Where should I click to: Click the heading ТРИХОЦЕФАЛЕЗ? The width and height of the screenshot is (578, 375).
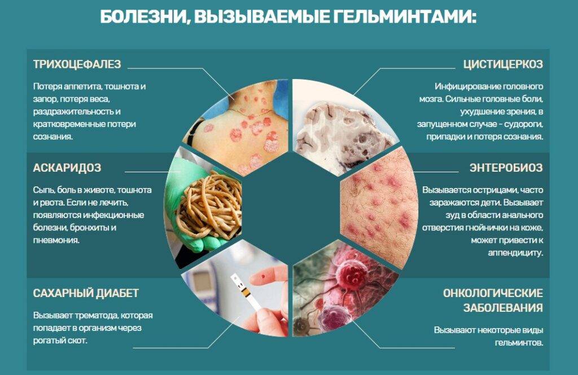coord(77,64)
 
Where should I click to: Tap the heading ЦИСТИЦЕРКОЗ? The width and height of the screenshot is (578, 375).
coord(503,64)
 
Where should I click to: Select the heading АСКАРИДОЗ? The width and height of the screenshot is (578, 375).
coord(67,168)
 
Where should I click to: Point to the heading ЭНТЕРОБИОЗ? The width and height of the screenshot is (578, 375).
coord(506,168)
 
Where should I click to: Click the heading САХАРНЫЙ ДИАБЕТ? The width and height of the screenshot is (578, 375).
coord(86,293)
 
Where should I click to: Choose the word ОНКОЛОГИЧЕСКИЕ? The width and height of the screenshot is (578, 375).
coord(493,293)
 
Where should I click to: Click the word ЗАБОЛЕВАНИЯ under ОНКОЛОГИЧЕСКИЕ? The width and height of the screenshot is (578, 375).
coord(503,308)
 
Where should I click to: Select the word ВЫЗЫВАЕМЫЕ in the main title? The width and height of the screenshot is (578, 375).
coord(261,17)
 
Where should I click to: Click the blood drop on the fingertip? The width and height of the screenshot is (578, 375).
coord(263,275)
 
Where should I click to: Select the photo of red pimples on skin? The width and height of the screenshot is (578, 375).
coord(380,207)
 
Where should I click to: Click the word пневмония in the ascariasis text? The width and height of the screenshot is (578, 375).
coord(56,241)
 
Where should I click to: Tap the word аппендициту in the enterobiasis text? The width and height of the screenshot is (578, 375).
coord(515,253)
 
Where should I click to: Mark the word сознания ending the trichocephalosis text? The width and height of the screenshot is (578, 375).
coord(52,137)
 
